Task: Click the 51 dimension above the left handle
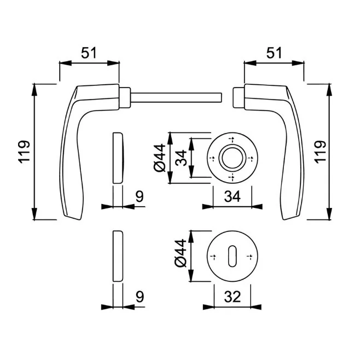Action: [89, 53]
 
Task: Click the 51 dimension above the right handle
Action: [274, 53]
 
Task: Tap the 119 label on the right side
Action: [320, 152]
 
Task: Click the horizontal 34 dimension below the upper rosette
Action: [233, 197]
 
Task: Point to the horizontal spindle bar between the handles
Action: [175, 97]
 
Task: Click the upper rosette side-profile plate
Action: [118, 158]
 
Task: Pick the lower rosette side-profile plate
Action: [118, 256]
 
